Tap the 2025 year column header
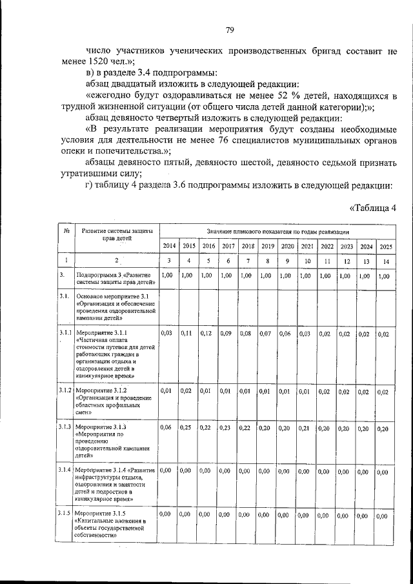(385, 247)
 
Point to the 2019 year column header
(267, 246)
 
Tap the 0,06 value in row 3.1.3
(167, 428)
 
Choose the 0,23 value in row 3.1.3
(227, 428)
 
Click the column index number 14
(385, 261)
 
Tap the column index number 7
(247, 260)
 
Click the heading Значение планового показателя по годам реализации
(278, 231)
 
